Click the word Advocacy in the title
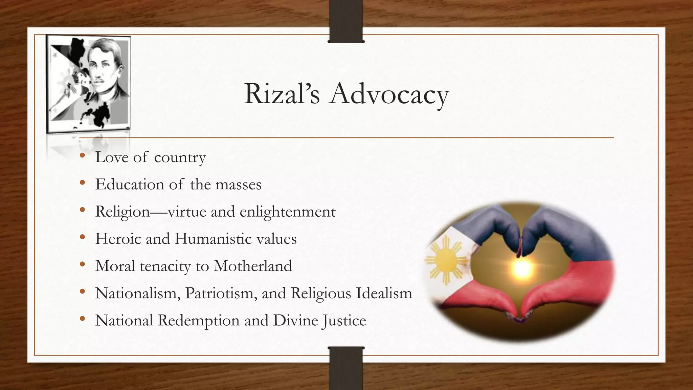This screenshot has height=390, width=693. click(x=389, y=94)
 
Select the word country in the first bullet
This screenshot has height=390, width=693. click(x=180, y=157)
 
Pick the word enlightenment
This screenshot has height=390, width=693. click(x=288, y=212)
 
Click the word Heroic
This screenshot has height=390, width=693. click(x=118, y=239)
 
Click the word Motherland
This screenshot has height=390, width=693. click(x=252, y=266)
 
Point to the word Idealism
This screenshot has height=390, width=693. click(x=384, y=293)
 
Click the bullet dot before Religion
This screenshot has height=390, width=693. click(x=83, y=211)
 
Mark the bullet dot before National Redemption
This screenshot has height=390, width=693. click(x=83, y=319)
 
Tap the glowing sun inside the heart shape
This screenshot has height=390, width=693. click(x=522, y=268)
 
